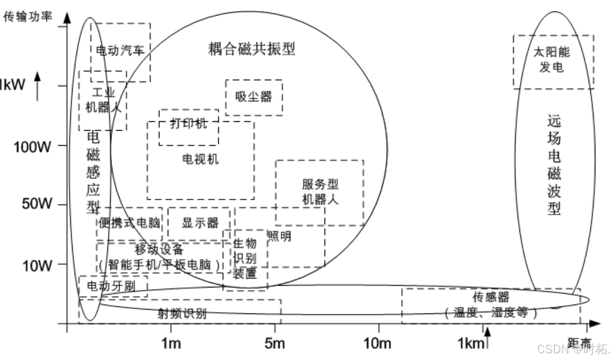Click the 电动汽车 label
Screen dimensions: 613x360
[120, 51]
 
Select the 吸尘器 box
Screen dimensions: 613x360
[254, 97]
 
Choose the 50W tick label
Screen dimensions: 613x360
[37, 203]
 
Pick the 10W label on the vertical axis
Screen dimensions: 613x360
[37, 265]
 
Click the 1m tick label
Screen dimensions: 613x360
[171, 343]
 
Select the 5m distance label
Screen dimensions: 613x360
[275, 343]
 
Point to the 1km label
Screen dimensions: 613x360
[471, 343]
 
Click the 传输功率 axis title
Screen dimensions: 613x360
[28, 17]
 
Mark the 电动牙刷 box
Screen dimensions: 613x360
[113, 286]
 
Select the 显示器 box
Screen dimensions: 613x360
[200, 223]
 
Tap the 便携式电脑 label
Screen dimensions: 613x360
[130, 223]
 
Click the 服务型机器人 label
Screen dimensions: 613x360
[320, 192]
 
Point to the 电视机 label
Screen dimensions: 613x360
[200, 160]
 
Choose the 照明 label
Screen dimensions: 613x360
[280, 236]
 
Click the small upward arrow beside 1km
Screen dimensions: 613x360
[488, 338]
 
